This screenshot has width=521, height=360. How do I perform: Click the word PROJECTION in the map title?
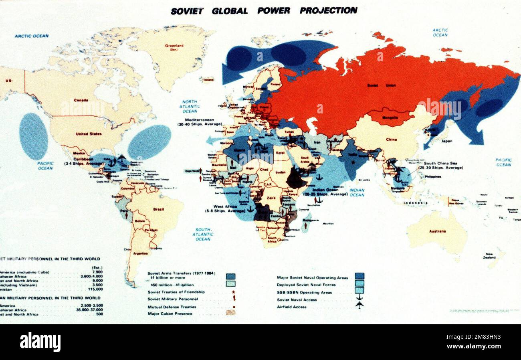tap(328, 11)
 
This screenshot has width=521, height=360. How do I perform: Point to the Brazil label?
tap(158, 209)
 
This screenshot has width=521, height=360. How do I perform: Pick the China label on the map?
tap(391, 140)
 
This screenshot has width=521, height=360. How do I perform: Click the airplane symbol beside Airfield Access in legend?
tap(359, 306)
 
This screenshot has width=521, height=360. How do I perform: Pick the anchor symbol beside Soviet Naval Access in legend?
tap(359, 299)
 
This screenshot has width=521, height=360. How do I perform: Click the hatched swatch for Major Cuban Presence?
tap(230, 313)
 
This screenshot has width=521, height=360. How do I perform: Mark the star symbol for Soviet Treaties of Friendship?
tap(233, 292)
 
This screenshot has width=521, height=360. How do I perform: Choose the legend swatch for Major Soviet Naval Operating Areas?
tap(359, 276)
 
